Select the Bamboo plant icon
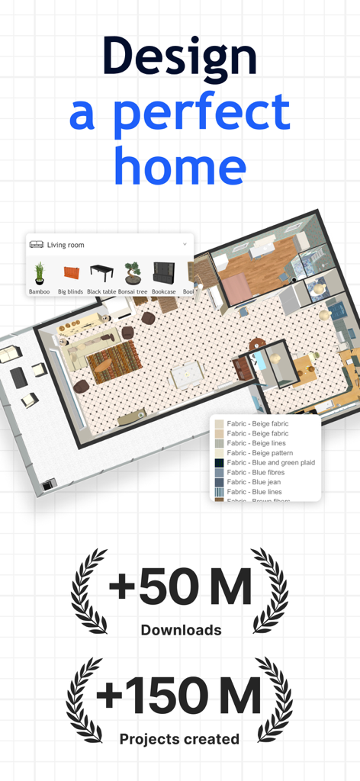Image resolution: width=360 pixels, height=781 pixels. tap(39, 273)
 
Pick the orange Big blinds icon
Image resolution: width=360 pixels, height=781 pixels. tap(71, 274)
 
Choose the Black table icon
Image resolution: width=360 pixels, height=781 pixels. tap(101, 272)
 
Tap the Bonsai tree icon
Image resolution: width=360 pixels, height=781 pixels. tap(133, 273)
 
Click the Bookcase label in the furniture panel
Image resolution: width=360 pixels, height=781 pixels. tap(163, 291)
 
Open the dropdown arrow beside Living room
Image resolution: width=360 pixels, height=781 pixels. tap(185, 244)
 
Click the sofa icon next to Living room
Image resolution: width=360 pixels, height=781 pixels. tap(37, 245)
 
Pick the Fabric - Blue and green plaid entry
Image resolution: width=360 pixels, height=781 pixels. tap(271, 463)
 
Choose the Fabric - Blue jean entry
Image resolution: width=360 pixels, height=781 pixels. tap(256, 483)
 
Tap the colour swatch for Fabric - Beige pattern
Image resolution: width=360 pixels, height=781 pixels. tap(220, 453)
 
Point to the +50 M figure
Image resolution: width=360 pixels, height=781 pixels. tap(180, 587)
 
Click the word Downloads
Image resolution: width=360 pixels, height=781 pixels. tap(181, 630)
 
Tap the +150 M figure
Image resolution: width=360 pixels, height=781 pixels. tap(180, 696)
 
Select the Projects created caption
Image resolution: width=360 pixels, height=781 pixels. tap(180, 738)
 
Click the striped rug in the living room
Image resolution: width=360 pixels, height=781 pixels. tap(113, 361)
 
